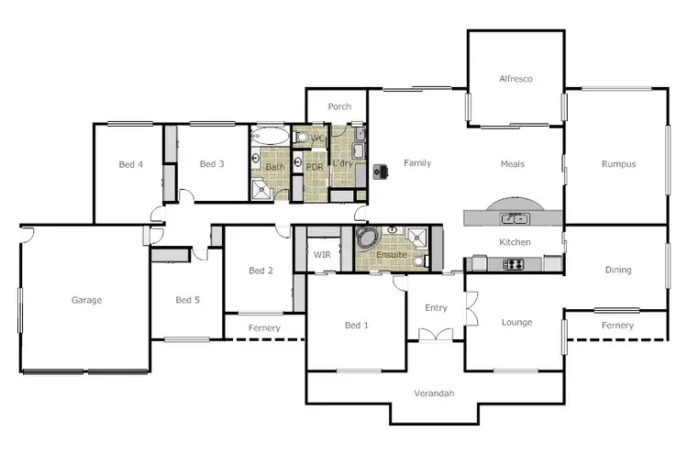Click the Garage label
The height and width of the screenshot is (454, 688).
[87, 300]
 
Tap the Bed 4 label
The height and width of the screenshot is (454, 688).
[131, 165]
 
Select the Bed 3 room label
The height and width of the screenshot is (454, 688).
[212, 164]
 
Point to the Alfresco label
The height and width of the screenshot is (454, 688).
[516, 79]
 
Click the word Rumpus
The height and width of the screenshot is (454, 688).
[618, 164]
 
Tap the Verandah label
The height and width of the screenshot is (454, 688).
[435, 393]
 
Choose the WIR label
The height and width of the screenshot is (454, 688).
[322, 254]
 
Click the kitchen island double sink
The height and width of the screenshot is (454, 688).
[513, 218]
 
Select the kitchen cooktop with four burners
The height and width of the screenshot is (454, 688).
[514, 264]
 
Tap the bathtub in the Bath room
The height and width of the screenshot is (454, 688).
[270, 138]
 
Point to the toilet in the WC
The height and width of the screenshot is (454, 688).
[304, 138]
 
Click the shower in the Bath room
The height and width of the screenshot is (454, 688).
[262, 190]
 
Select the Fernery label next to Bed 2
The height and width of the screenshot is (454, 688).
[264, 328]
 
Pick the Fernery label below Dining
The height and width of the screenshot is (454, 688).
[617, 326]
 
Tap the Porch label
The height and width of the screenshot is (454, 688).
[339, 106]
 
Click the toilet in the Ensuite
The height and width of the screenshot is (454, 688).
[419, 260]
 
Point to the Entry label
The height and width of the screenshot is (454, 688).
[435, 308]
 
